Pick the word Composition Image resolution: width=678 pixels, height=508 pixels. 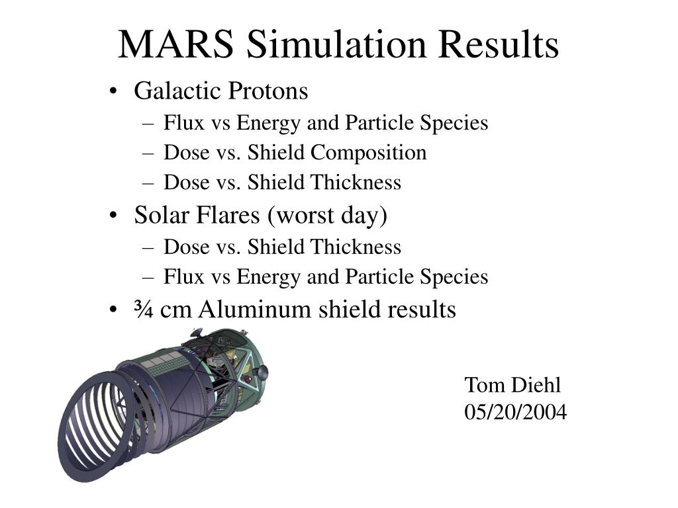[369, 153]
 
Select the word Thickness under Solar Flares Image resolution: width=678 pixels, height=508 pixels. [357, 247]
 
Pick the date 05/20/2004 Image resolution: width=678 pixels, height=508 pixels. [515, 412]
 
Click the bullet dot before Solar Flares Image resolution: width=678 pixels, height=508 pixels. [116, 216]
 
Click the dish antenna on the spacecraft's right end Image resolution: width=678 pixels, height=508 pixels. [261, 372]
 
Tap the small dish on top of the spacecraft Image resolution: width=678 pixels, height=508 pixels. [196, 332]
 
